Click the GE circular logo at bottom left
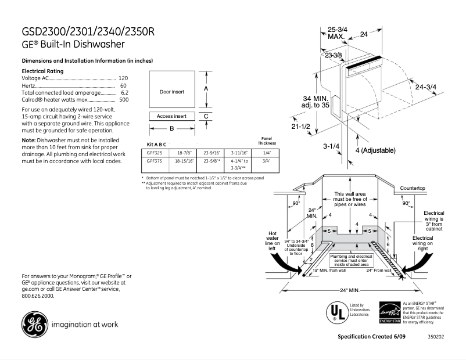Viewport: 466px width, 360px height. tap(34, 325)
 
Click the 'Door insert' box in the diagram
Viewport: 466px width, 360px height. tap(171, 91)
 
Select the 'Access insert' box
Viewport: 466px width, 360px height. tap(171, 116)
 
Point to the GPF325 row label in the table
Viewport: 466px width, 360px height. tap(154, 153)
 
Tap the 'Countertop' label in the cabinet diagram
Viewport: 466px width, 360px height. tap(413, 189)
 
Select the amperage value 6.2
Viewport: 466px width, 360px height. tap(124, 92)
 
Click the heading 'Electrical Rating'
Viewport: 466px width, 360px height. tap(42, 70)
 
